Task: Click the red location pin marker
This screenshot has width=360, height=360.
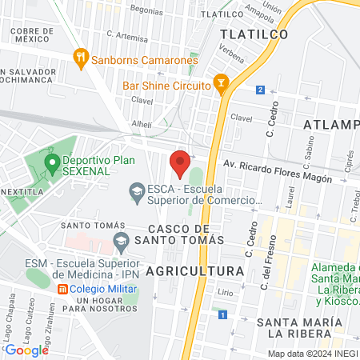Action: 180,162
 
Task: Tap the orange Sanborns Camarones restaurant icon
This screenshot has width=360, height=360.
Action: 79,58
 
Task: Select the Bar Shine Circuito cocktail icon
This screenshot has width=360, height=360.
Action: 222,83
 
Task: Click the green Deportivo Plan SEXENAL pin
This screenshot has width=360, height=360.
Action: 52,164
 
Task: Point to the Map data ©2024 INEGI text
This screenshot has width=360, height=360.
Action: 312,354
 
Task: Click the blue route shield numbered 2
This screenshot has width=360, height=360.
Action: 260,90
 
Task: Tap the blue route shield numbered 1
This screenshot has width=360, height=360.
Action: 221,314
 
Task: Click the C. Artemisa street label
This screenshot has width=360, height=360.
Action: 126,36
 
